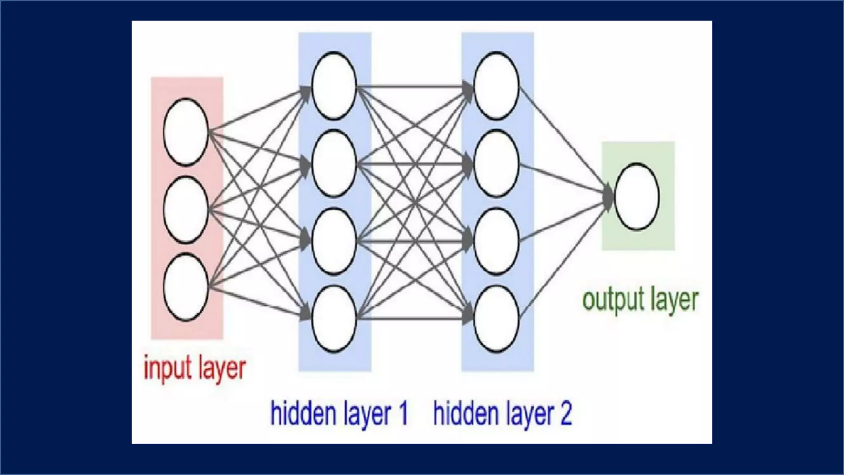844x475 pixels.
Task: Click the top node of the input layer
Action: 185,132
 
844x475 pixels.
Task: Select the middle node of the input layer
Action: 185,209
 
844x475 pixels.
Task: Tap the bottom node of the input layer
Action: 185,287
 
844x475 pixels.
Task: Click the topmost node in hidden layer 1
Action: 334,86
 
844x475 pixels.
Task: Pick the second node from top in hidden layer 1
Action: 334,163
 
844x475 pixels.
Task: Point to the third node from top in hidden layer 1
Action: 334,241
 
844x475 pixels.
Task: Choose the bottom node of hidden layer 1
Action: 334,318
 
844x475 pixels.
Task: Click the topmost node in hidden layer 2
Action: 496,86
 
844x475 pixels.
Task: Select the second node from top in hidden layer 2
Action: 496,163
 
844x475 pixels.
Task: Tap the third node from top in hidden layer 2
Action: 496,241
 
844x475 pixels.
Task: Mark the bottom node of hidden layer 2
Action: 496,318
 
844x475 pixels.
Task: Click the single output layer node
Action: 636,196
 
